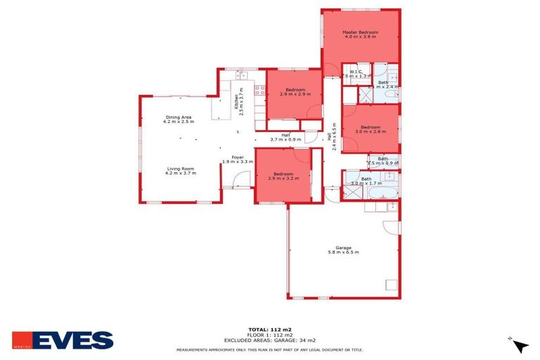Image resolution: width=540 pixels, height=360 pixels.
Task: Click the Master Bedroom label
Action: pyautogui.click(x=360, y=33)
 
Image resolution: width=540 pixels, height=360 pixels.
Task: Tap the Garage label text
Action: pyautogui.click(x=343, y=247)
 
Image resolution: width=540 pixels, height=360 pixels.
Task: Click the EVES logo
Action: pyautogui.click(x=63, y=340)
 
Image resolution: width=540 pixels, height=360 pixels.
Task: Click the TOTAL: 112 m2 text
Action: pyautogui.click(x=269, y=329)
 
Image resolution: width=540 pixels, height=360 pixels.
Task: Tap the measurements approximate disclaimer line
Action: pyautogui.click(x=269, y=348)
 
